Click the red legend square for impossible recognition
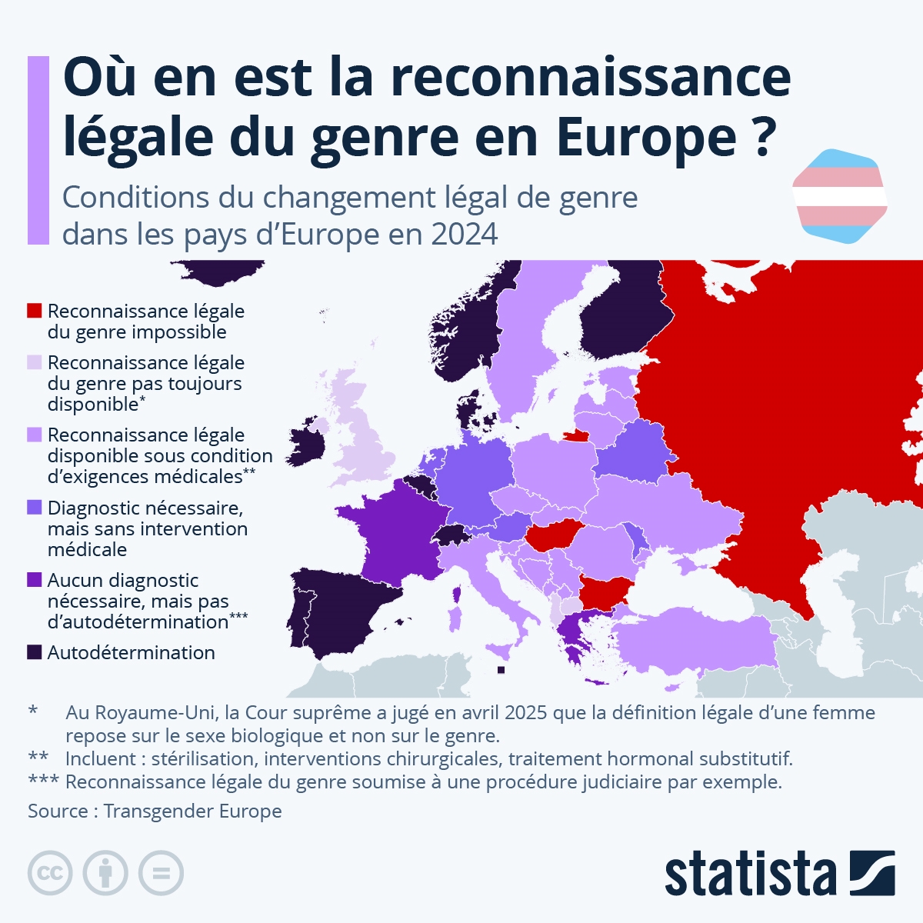(x=34, y=311)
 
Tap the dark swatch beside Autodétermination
(x=34, y=652)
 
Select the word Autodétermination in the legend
(x=132, y=652)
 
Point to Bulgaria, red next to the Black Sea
(x=604, y=593)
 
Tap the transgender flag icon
(x=839, y=197)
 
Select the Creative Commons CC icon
(x=50, y=873)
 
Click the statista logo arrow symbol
(x=872, y=873)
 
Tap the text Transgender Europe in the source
(x=192, y=811)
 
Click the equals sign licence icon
(x=162, y=873)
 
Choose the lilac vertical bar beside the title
(x=38, y=150)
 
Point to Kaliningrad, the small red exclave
(x=575, y=435)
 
